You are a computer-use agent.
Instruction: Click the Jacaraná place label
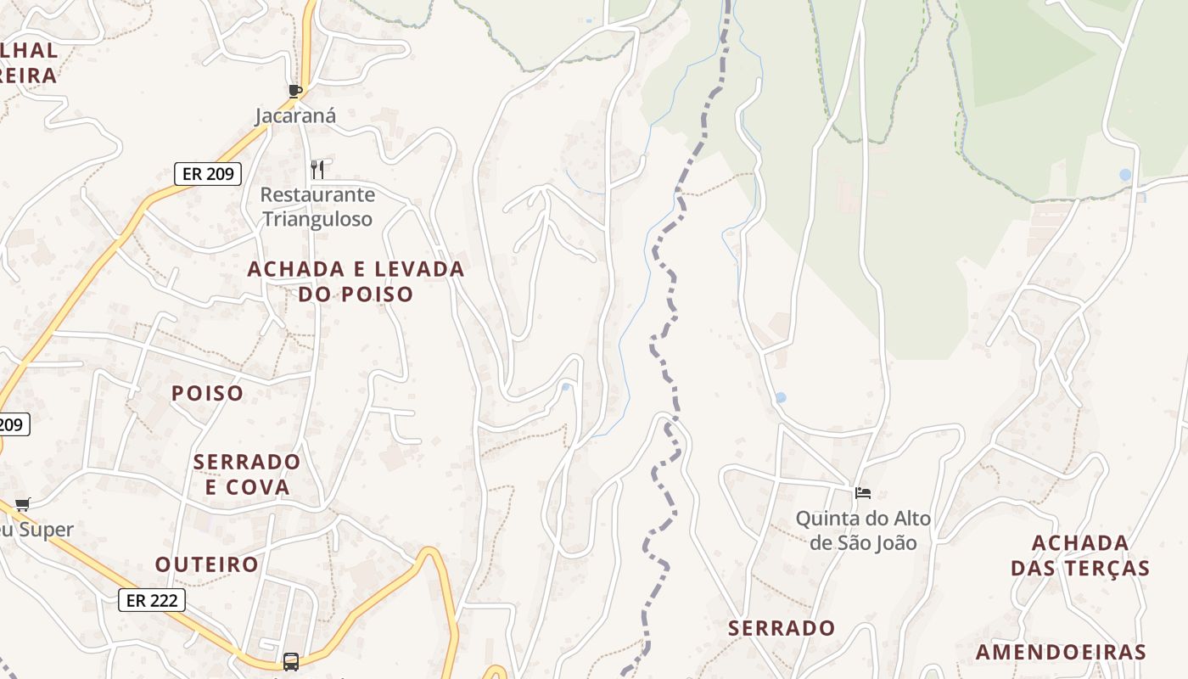[x=296, y=116]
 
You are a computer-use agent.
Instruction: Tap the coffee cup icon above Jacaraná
[x=295, y=91]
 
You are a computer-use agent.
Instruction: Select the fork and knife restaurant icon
[x=317, y=170]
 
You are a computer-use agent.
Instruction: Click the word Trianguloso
[x=317, y=219]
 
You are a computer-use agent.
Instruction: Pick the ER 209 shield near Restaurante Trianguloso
[x=208, y=174]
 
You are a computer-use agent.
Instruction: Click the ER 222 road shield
[x=151, y=601]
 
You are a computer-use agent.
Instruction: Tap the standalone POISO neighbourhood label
[x=207, y=394]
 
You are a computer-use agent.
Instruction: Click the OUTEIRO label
[x=207, y=564]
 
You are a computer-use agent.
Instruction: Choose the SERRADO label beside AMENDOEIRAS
[x=782, y=629]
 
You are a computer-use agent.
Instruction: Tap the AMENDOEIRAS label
[x=1061, y=653]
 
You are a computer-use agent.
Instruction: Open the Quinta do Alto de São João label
[x=863, y=530]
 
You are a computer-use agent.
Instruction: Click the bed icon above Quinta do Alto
[x=863, y=492]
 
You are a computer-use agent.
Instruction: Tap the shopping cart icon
[x=23, y=504]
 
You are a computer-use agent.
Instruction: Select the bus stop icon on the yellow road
[x=290, y=661]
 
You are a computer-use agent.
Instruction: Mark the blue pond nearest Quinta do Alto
[x=781, y=397]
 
